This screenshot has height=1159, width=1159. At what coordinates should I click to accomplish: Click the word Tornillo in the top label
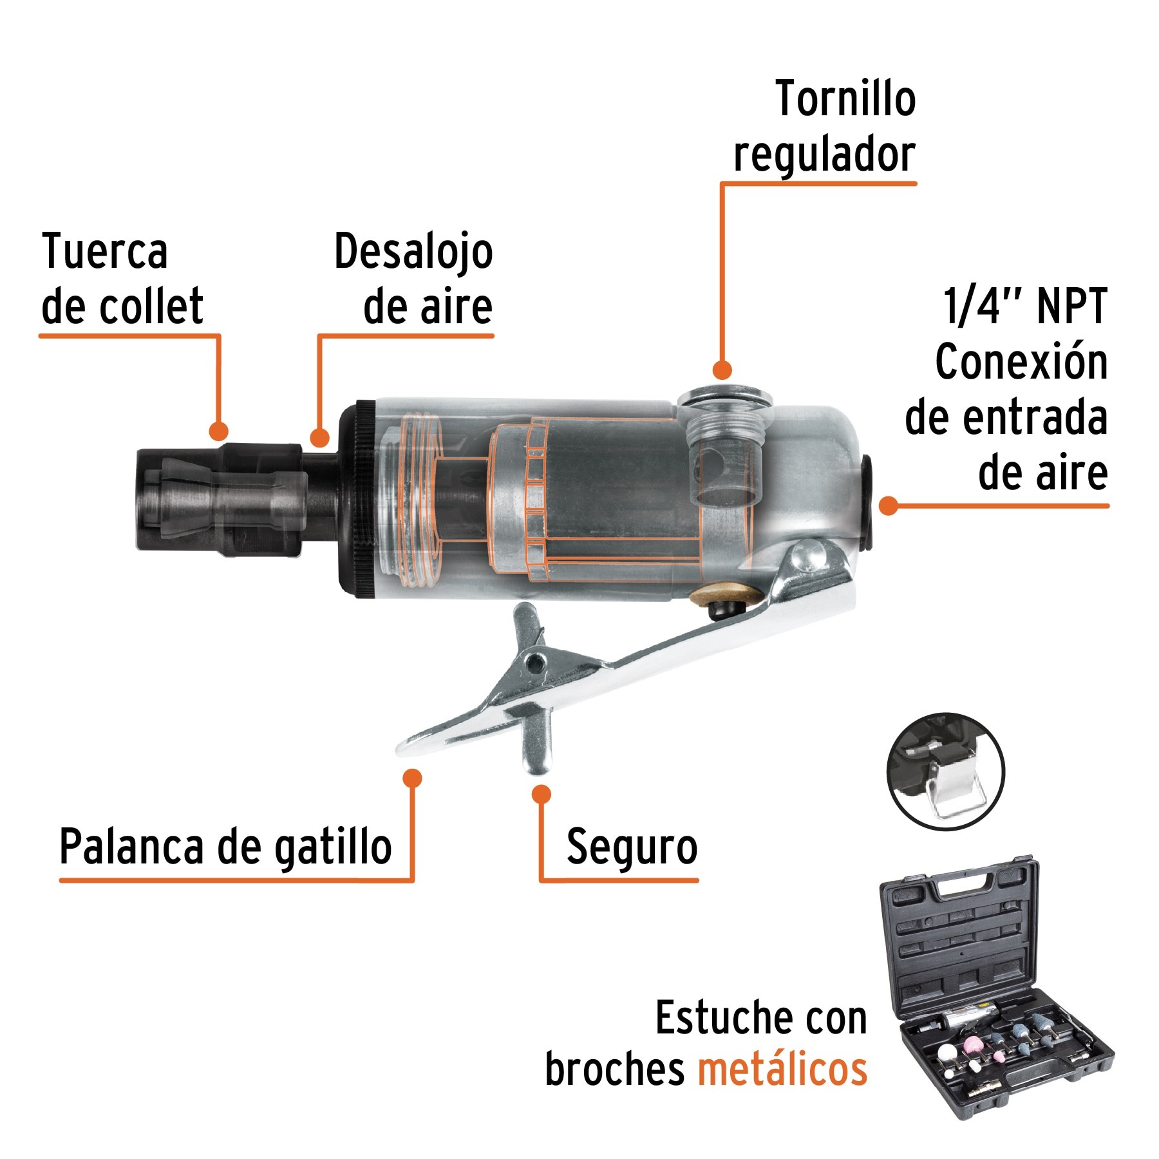tap(845, 100)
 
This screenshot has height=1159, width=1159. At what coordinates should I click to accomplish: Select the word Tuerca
tap(105, 251)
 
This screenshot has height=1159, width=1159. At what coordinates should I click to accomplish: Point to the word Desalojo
tap(413, 252)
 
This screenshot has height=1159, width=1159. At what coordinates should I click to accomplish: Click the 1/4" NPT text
tap(1025, 306)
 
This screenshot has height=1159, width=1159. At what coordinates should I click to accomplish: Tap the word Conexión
tap(1021, 362)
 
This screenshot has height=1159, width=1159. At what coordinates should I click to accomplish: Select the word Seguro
tap(632, 847)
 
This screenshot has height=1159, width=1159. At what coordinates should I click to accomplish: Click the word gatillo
tap(334, 847)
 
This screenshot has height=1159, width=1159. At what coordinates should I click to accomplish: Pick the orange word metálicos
tap(782, 1069)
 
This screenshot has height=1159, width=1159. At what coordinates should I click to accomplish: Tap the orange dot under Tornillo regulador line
tap(722, 370)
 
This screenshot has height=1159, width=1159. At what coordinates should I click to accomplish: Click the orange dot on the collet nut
tap(219, 431)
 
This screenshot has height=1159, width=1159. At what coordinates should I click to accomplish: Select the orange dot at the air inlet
tap(888, 505)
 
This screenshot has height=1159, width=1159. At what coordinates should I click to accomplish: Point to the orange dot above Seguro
tap(542, 794)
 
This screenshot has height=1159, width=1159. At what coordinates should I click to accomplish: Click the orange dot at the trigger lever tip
tap(412, 778)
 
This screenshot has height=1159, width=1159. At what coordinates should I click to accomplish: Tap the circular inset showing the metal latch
tap(945, 771)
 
